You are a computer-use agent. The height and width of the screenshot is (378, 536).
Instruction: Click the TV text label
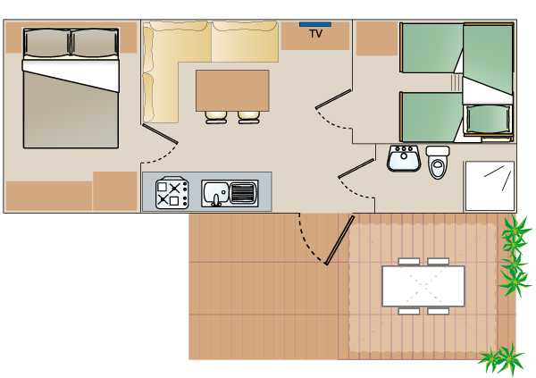[x=315, y=34]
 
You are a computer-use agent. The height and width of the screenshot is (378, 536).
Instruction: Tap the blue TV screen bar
[x=314, y=24]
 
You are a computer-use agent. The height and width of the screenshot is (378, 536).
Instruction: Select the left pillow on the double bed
[x=46, y=43]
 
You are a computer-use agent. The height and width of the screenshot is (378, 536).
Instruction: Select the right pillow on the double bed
[x=94, y=43]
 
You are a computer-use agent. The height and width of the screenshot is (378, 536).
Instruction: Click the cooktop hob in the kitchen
[x=172, y=192]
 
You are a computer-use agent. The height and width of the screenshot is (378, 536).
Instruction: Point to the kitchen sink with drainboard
[x=230, y=192]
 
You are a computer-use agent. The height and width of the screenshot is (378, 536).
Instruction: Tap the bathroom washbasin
[x=404, y=159]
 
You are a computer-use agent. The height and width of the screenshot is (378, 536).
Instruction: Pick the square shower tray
[x=490, y=185]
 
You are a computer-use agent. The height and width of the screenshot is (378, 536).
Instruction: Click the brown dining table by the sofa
[x=232, y=90]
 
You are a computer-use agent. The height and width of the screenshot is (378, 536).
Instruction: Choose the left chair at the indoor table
[x=217, y=116]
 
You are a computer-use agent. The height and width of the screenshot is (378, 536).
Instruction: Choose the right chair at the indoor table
[x=248, y=116]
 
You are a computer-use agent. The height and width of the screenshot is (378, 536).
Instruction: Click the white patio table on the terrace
[x=423, y=286]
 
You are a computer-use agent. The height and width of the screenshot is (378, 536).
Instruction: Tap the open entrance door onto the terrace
[x=339, y=239]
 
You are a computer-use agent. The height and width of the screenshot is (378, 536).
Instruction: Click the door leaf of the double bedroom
[x=160, y=133]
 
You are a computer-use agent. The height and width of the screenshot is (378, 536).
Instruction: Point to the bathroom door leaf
[x=356, y=168]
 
